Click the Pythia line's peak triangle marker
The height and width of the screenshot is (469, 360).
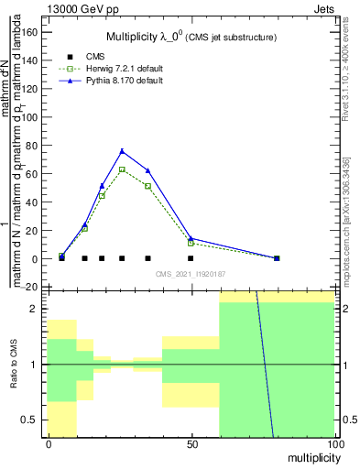click(x=122, y=151)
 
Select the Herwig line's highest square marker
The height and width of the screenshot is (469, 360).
click(x=122, y=169)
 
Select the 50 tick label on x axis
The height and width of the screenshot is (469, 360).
click(x=191, y=443)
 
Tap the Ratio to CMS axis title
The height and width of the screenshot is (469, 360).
click(x=14, y=365)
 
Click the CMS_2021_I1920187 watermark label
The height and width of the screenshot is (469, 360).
click(x=191, y=273)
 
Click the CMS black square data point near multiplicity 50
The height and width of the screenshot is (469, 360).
click(x=191, y=258)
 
